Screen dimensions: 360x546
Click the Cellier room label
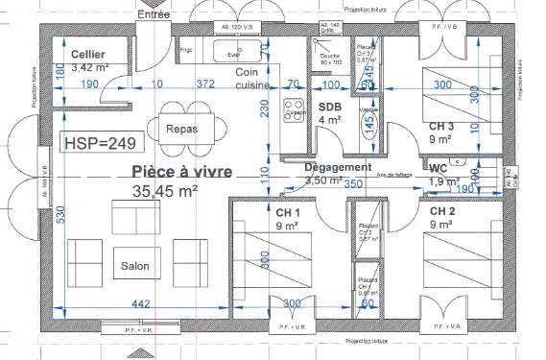(86, 55)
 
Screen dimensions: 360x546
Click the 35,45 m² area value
(164, 191)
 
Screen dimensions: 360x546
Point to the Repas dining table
(181, 129)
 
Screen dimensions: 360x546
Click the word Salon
(135, 266)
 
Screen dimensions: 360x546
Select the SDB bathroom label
(330, 106)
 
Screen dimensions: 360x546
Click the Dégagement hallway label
(337, 167)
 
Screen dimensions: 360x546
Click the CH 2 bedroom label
(442, 210)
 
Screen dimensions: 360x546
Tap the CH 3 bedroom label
(440, 126)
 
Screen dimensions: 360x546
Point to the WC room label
(439, 168)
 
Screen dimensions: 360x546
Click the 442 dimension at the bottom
(140, 304)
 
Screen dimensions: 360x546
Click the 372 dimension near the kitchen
(205, 84)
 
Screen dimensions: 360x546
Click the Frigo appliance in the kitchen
(186, 48)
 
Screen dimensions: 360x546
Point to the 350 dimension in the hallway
(353, 183)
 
